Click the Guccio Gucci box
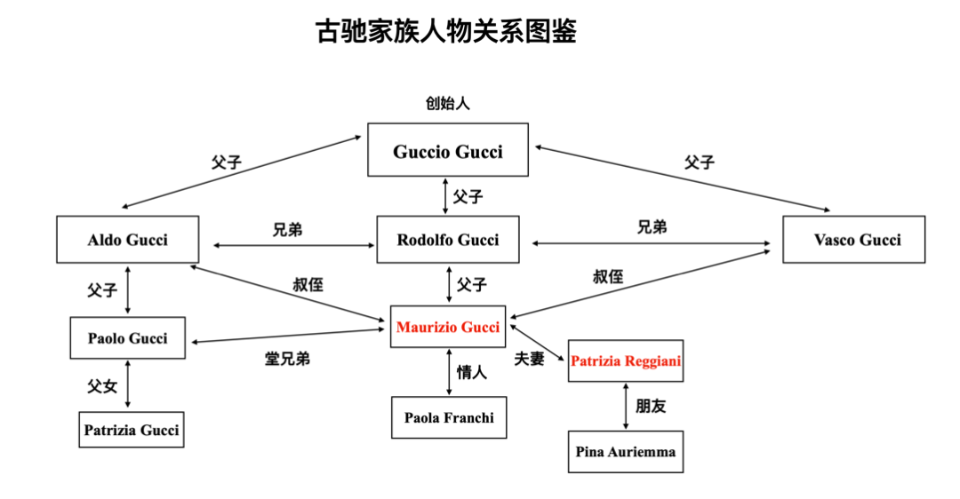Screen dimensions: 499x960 coord(448,150)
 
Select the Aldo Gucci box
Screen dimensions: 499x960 coord(127,240)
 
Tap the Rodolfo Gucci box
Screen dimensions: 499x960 coord(448,240)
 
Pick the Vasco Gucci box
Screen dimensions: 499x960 coord(853,240)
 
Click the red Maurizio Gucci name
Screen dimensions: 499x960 coord(448,327)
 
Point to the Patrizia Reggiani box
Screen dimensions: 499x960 coord(626,360)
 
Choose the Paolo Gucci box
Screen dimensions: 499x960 coord(127,338)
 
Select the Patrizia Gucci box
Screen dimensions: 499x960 coord(132,430)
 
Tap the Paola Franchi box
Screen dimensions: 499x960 coord(449,417)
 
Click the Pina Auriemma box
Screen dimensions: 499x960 coord(626,451)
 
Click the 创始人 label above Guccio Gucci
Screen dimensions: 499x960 coord(447,103)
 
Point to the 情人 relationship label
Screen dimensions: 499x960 coord(472,373)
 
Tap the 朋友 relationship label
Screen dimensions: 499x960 coord(651,407)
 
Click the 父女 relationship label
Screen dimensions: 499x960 coord(101,386)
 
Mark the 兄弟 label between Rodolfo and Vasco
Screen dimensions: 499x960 coord(652,227)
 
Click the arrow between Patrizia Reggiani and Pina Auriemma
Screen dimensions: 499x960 coord(626,407)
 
